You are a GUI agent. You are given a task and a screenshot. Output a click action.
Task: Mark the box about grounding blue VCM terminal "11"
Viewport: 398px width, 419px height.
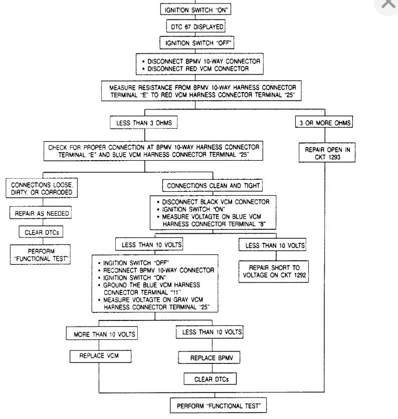154,283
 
